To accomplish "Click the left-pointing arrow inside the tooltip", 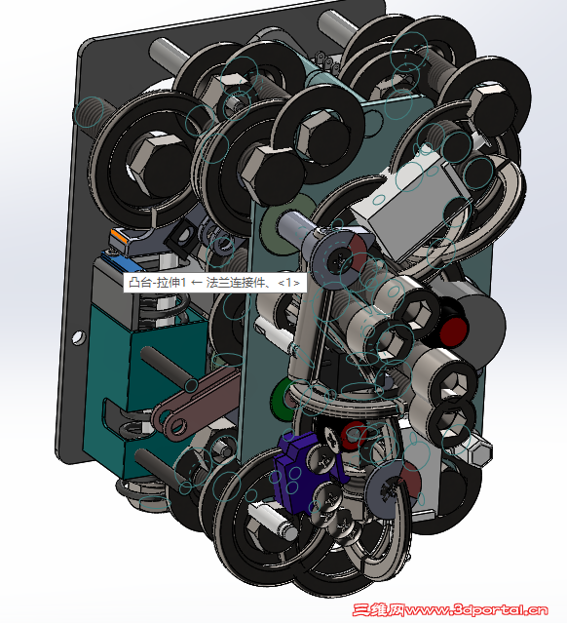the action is click(x=196, y=283).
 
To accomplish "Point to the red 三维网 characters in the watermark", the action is click(x=379, y=609).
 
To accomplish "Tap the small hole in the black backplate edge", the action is click(x=78, y=338).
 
